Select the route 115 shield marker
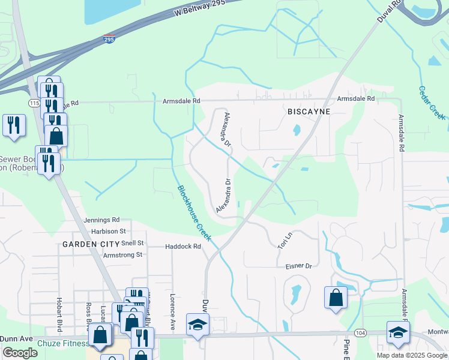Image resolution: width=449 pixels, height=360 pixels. click(32, 103)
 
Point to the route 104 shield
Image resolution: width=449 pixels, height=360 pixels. click(360, 332)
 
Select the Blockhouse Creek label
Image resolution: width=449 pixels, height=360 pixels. click(194, 213)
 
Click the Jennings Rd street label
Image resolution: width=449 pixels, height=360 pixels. click(102, 220)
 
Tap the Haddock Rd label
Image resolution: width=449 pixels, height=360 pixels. click(182, 246)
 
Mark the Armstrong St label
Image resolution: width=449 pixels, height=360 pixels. click(122, 254)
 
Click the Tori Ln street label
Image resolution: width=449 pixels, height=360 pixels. click(284, 240)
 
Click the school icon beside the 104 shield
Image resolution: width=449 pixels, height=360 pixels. click(398, 332)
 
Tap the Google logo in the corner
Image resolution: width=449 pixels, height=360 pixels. click(20, 352)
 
